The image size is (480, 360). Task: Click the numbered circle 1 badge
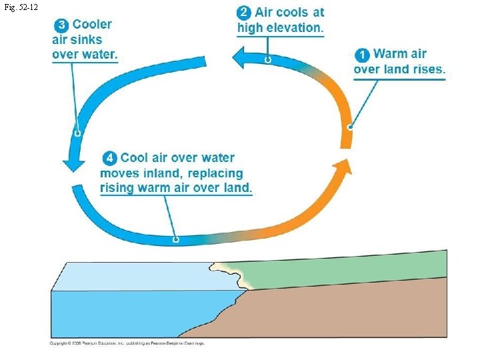[363, 55]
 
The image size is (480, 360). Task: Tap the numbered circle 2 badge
[245, 13]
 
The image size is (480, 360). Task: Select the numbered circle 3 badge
[61, 25]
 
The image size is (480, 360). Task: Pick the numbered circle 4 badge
[110, 158]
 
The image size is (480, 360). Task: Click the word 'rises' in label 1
[425, 69]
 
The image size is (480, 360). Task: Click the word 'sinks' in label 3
[88, 39]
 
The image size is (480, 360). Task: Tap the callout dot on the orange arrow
[349, 127]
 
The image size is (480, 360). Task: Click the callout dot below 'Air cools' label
[267, 60]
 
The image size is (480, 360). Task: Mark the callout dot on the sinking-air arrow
[77, 133]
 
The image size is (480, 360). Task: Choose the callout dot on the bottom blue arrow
[176, 238]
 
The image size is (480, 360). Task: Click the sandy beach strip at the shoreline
[229, 274]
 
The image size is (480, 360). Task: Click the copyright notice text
[127, 343]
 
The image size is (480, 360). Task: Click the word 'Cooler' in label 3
[92, 25]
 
